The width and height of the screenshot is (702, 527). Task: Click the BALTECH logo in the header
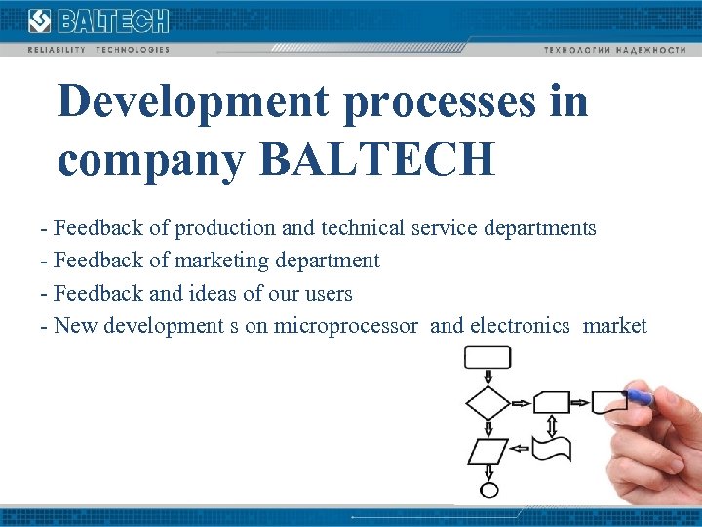pos(98,20)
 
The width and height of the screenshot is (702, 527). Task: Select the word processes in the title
pos(437,102)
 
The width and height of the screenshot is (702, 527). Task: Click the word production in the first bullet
pos(225,228)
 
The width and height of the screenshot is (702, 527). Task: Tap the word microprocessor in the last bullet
pos(345,325)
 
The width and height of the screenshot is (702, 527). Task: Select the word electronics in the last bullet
pos(519,325)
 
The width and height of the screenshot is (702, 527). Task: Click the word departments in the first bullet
pos(537,228)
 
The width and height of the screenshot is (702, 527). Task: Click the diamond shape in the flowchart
pos(487,401)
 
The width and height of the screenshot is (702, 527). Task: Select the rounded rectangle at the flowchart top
pos(487,358)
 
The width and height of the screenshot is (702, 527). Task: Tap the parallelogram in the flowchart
pos(487,450)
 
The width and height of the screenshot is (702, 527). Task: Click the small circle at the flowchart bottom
pos(488,490)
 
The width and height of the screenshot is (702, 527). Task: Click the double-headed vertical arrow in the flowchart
pos(553,426)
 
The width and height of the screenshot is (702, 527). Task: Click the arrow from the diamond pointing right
pos(522,401)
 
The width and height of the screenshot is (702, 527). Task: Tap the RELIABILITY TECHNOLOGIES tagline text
pos(98,49)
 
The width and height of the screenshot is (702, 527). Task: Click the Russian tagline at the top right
pos(614,49)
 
